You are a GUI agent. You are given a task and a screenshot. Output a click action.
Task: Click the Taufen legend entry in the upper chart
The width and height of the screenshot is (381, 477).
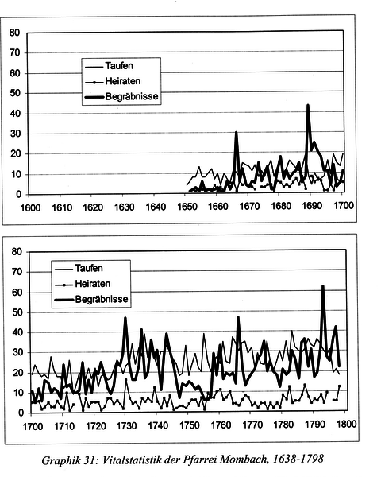coord(109,66)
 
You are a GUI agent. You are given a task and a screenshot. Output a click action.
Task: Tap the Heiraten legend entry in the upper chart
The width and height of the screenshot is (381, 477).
coord(113,81)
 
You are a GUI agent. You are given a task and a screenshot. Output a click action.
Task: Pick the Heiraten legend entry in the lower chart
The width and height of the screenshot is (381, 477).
coord(83,284)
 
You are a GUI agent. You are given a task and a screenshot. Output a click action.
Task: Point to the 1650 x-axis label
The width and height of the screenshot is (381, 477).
coord(187,207)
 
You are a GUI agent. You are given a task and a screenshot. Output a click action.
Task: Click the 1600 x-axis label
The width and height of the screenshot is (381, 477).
coord(30,207)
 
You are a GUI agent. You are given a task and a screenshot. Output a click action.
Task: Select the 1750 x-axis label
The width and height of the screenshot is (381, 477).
coord(190,425)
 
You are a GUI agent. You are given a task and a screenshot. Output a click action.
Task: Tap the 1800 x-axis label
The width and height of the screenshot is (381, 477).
coord(346,424)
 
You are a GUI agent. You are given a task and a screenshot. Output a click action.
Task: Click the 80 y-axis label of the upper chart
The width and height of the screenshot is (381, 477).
coord(14,33)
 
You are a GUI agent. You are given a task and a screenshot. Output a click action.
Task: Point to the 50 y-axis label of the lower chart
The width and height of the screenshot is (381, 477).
coord(17,312)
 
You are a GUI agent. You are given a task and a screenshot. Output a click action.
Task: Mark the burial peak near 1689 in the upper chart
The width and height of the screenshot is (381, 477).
coord(308,106)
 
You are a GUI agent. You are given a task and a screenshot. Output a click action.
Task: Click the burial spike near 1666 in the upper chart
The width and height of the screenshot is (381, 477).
coord(236,133)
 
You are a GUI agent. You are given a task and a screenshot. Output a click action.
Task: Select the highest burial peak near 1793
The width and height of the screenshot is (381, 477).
coord(323,286)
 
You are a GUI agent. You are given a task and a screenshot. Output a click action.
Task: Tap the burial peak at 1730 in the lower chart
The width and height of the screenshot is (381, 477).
coord(125,319)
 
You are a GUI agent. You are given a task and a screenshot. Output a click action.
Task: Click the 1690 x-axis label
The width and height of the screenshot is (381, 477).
coord(312,206)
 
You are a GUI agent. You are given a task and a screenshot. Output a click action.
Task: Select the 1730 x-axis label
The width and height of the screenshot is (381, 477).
coord(127,426)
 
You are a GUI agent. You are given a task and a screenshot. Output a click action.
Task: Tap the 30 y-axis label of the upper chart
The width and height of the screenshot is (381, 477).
coord(15,134)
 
